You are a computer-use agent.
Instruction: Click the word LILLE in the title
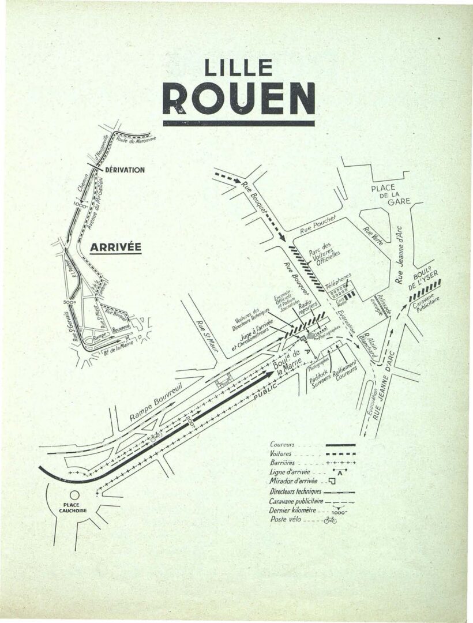coord(239,69)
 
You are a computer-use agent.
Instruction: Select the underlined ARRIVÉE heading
coord(115,247)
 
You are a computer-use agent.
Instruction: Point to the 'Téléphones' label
coord(338,281)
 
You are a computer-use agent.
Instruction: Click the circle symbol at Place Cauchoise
coord(74,494)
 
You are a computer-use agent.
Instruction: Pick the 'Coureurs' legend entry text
coord(283,445)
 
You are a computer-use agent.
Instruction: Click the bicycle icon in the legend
coord(330,520)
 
